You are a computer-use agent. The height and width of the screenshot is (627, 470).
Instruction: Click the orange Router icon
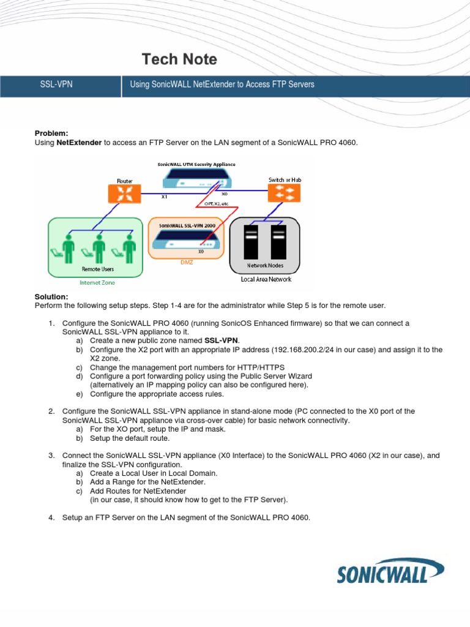[124, 194]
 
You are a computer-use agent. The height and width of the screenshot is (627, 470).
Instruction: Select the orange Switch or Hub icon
[285, 193]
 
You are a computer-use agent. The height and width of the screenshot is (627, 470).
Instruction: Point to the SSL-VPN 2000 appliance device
[186, 242]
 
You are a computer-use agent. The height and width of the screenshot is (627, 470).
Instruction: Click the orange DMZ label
[187, 262]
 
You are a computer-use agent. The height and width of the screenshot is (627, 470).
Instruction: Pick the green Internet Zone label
[97, 283]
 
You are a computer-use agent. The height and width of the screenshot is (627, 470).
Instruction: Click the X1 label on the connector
[164, 198]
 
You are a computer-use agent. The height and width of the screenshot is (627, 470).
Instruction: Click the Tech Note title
[179, 59]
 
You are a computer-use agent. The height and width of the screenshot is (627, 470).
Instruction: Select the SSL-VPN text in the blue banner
[56, 84]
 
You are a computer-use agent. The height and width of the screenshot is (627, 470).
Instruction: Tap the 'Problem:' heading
[51, 133]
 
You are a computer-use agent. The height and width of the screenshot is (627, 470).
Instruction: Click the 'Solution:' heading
[51, 296]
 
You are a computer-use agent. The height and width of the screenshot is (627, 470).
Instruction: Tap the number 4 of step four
[51, 517]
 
